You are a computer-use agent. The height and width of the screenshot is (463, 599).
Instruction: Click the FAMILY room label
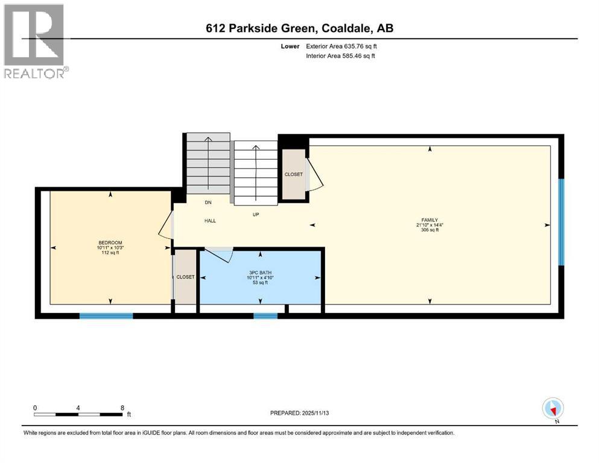(x=429, y=220)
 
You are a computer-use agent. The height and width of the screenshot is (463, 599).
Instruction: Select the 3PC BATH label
(x=259, y=272)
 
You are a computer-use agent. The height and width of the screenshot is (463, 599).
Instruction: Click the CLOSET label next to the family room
(x=294, y=174)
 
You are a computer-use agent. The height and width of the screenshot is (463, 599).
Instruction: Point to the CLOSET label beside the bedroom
(x=185, y=277)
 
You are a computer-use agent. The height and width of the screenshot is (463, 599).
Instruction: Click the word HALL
(x=209, y=221)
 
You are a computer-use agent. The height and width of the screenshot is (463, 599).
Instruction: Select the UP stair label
(x=256, y=214)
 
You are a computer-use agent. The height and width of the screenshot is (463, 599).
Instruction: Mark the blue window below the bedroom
(x=106, y=315)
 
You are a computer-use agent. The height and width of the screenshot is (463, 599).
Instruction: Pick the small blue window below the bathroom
(x=265, y=315)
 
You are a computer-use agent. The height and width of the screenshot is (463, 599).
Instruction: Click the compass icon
(x=553, y=409)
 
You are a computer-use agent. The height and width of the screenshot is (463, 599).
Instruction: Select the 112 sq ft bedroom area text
(x=110, y=253)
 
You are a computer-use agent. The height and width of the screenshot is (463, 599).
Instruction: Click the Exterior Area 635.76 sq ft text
(x=341, y=46)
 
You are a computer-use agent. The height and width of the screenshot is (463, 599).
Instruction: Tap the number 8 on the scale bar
(x=122, y=408)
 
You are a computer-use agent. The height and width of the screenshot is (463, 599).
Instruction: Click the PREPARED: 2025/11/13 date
(x=300, y=413)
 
